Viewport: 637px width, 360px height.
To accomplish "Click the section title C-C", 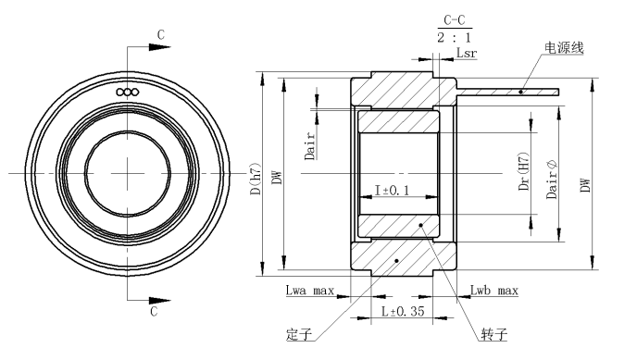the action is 455,20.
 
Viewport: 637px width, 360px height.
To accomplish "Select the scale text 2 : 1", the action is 455,38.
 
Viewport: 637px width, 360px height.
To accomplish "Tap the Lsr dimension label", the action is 467,53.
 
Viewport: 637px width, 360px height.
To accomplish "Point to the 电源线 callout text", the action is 564,48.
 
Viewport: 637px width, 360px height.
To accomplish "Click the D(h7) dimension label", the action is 256,179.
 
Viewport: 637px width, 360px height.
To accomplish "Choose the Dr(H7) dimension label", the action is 524,172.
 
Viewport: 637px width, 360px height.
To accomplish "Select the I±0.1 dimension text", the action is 392,190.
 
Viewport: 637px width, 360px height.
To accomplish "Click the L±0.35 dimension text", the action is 403,311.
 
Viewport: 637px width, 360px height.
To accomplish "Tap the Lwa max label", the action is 310,291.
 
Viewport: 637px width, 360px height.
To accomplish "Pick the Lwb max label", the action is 494,291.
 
